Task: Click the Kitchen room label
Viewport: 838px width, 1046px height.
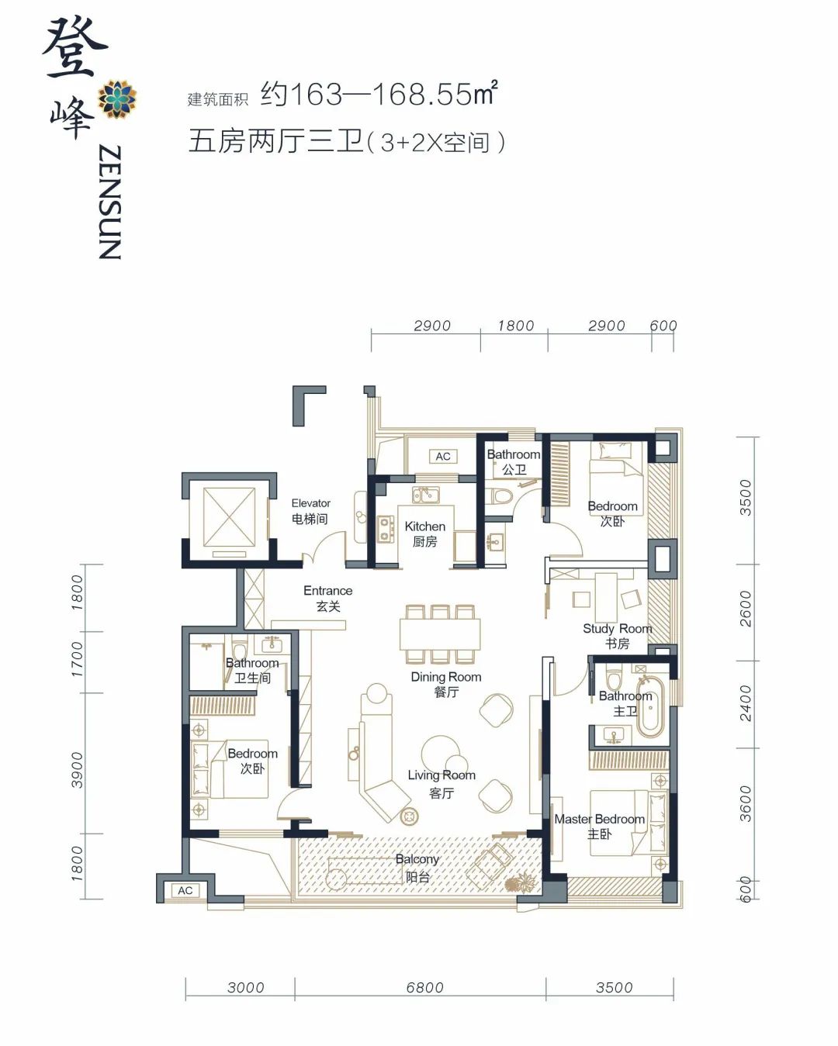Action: pos(424,533)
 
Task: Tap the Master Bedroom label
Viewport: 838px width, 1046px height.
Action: pos(599,826)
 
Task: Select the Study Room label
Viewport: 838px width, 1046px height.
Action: pos(617,636)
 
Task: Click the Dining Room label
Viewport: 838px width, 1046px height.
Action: pos(446,684)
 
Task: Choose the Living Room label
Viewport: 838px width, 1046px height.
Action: pos(442,783)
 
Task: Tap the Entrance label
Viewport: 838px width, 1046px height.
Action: pos(327,598)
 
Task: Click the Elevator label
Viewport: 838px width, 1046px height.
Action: pos(310,511)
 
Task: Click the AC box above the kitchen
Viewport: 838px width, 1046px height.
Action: pos(443,457)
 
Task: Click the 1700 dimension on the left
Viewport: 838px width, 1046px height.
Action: pos(78,658)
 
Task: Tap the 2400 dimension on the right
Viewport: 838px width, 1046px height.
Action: pos(745,703)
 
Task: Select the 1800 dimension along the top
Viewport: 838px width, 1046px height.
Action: pos(515,326)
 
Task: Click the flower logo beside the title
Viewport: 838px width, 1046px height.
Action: pos(117,98)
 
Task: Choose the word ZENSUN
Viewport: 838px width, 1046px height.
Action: pos(110,202)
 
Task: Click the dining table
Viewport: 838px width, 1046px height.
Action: pos(440,633)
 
